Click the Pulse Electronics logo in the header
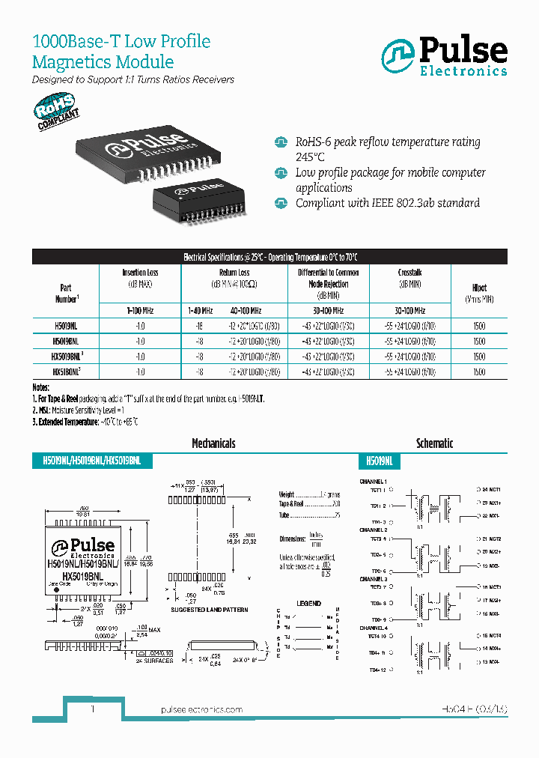tap(444, 57)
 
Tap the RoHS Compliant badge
tap(57, 112)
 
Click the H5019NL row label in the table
tap(65, 327)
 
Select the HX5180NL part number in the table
tap(66, 372)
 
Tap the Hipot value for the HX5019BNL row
tap(479, 357)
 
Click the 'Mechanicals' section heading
tap(213, 443)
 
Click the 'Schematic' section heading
tap(434, 443)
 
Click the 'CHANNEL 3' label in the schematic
tap(374, 579)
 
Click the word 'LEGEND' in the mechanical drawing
tap(308, 604)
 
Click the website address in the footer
tap(202, 709)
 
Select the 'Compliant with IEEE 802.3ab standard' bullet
tap(387, 203)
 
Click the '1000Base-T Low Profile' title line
tap(121, 42)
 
